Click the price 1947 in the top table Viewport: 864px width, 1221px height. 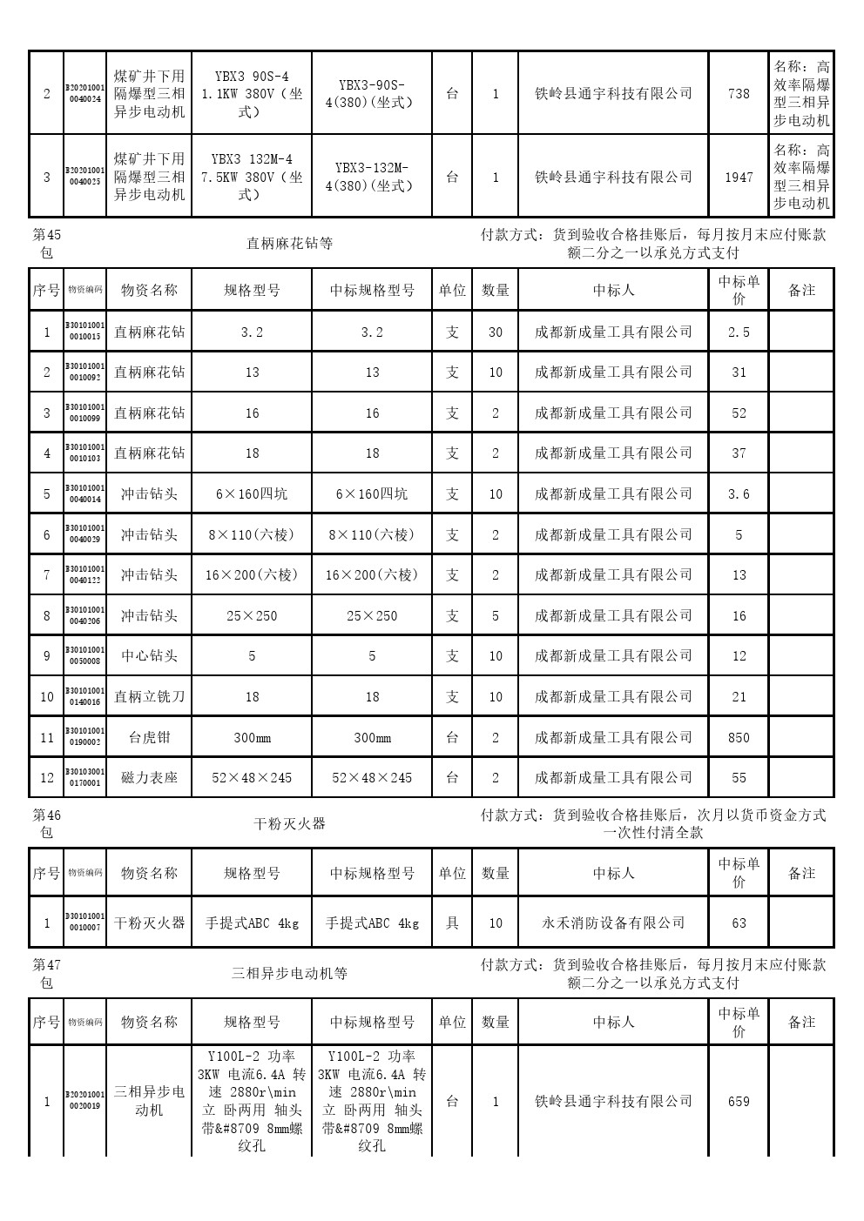pyautogui.click(x=739, y=177)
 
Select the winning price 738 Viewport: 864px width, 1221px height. pyautogui.click(x=739, y=93)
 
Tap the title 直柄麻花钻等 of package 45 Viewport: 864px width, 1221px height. pyautogui.click(x=289, y=244)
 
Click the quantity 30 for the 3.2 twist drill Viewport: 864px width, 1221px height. pyautogui.click(x=496, y=332)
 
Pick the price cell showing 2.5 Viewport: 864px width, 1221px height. pyautogui.click(x=739, y=332)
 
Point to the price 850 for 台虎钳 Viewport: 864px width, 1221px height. pyautogui.click(x=739, y=737)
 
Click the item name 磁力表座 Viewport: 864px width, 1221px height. pyautogui.click(x=149, y=777)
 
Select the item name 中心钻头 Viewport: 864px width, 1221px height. pyautogui.click(x=149, y=656)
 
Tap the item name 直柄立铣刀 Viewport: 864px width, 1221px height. pyautogui.click(x=149, y=696)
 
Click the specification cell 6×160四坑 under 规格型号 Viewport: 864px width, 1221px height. pyautogui.click(x=252, y=493)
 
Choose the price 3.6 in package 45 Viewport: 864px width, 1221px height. pyautogui.click(x=739, y=493)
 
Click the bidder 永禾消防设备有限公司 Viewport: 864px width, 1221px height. pyautogui.click(x=613, y=922)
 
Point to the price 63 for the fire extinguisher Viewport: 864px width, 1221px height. pyautogui.click(x=739, y=922)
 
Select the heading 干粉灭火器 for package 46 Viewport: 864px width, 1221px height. pyautogui.click(x=289, y=823)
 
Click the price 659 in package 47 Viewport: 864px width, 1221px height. pyautogui.click(x=739, y=1101)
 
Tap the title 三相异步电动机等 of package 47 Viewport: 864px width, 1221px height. pyautogui.click(x=289, y=973)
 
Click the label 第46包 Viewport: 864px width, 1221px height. pyautogui.click(x=46, y=823)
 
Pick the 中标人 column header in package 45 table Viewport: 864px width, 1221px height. pyautogui.click(x=613, y=290)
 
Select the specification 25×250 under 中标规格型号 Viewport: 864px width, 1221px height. pyautogui.click(x=372, y=615)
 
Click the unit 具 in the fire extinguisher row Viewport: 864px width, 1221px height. pyautogui.click(x=452, y=922)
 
